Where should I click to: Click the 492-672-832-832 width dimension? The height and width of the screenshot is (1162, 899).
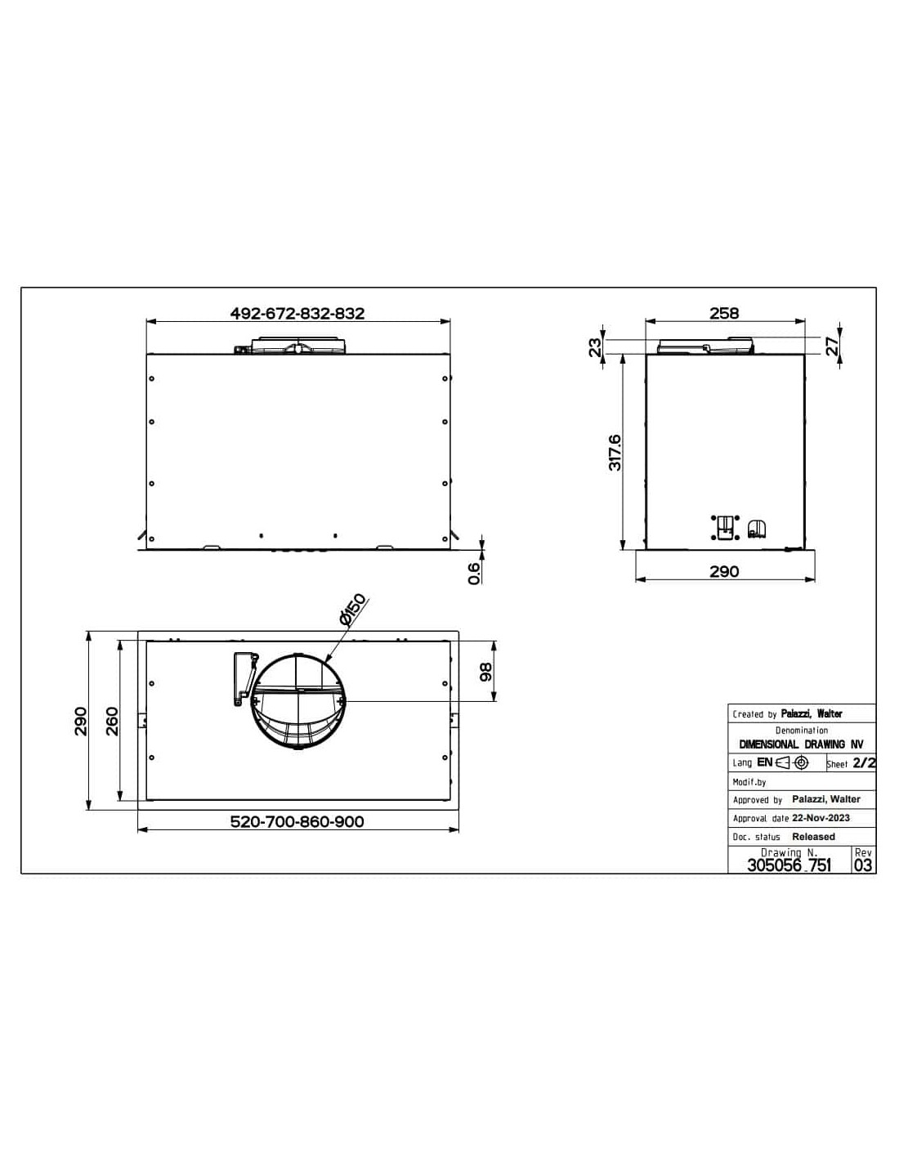297,313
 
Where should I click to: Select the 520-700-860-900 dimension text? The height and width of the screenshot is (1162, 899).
297,821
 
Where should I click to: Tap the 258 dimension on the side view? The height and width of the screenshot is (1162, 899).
724,313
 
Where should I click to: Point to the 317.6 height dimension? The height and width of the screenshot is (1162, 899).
615,453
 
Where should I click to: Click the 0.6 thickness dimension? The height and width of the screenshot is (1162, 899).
474,574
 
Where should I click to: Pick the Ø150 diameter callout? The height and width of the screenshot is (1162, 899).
352,609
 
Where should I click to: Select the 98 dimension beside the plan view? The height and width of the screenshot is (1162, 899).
485,673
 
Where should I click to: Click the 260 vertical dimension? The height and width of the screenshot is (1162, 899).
112,722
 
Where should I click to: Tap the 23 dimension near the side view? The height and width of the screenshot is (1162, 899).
595,346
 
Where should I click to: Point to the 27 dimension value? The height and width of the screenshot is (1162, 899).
832,346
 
